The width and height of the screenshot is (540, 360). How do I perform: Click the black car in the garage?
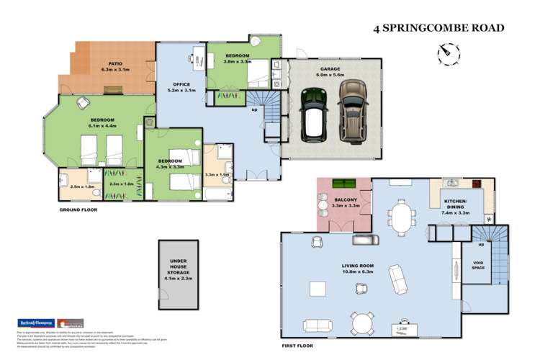(x=314, y=114)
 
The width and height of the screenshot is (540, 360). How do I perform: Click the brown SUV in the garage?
(x=351, y=109)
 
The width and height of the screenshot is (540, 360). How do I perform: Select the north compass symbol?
(x=446, y=53)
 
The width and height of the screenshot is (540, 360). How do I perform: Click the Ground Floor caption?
(x=79, y=210)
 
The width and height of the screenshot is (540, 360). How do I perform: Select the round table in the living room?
(x=360, y=321)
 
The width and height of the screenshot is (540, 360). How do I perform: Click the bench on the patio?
(x=114, y=90)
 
